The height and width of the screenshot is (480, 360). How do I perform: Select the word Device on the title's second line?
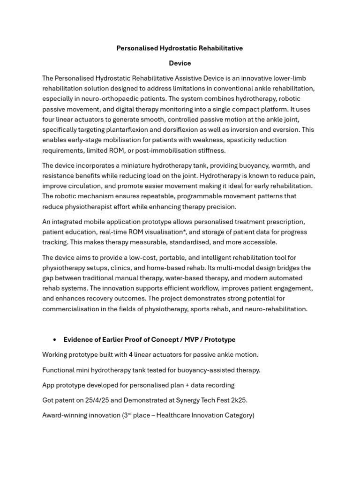[x=180, y=63]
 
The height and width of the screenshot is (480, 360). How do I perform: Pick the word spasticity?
[x=213, y=140]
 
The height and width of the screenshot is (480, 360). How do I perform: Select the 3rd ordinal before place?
[x=125, y=415]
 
